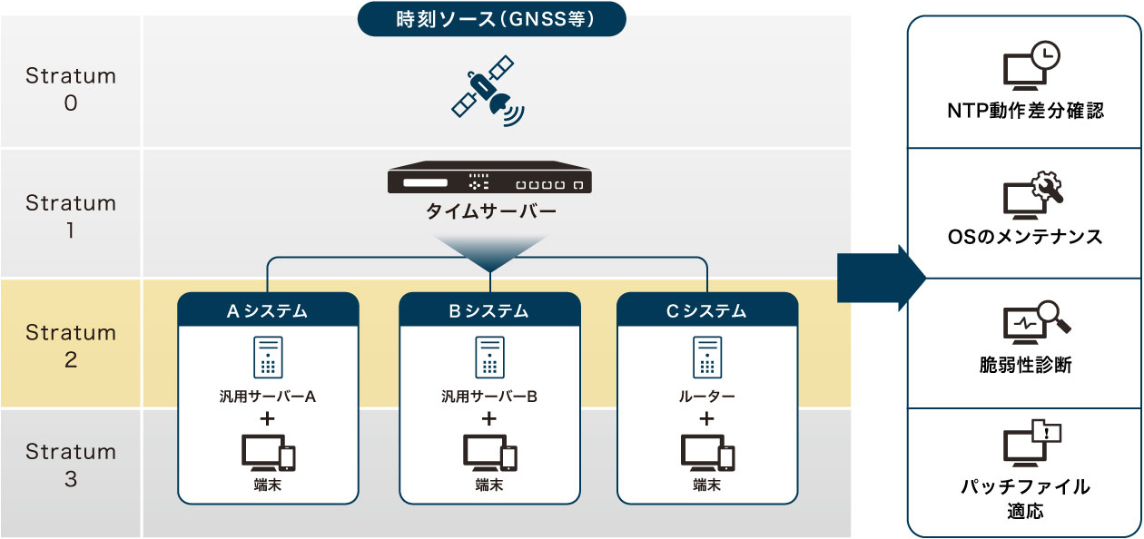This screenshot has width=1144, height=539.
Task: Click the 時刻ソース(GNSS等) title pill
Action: [x=491, y=19]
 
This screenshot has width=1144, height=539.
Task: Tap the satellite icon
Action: [x=488, y=91]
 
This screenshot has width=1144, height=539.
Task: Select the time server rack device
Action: [x=489, y=177]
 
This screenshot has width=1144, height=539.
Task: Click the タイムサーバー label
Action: [x=491, y=211]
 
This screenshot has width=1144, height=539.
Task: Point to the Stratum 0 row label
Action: [x=71, y=89]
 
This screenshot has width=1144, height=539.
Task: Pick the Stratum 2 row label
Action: [x=71, y=346]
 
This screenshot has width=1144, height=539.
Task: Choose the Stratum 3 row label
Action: [x=71, y=465]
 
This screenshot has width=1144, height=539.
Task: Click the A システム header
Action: [x=268, y=310]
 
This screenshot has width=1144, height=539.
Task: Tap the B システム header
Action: [x=489, y=310]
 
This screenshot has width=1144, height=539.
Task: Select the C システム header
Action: [x=706, y=310]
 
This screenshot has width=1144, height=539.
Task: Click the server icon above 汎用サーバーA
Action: [x=268, y=357]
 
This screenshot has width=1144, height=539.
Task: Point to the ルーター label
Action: [x=706, y=396]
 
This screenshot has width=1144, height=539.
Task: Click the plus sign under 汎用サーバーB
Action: [x=489, y=419]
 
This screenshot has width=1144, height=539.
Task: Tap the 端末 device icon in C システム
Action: [x=707, y=453]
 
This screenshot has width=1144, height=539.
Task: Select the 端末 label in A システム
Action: [x=268, y=485]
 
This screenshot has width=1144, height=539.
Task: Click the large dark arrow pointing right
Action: [x=882, y=279]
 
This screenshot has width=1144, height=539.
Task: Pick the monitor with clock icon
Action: [x=1031, y=65]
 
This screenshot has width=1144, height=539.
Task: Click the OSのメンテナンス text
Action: [x=1025, y=237]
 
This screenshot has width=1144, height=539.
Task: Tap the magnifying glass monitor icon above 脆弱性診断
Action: [x=1036, y=322]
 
